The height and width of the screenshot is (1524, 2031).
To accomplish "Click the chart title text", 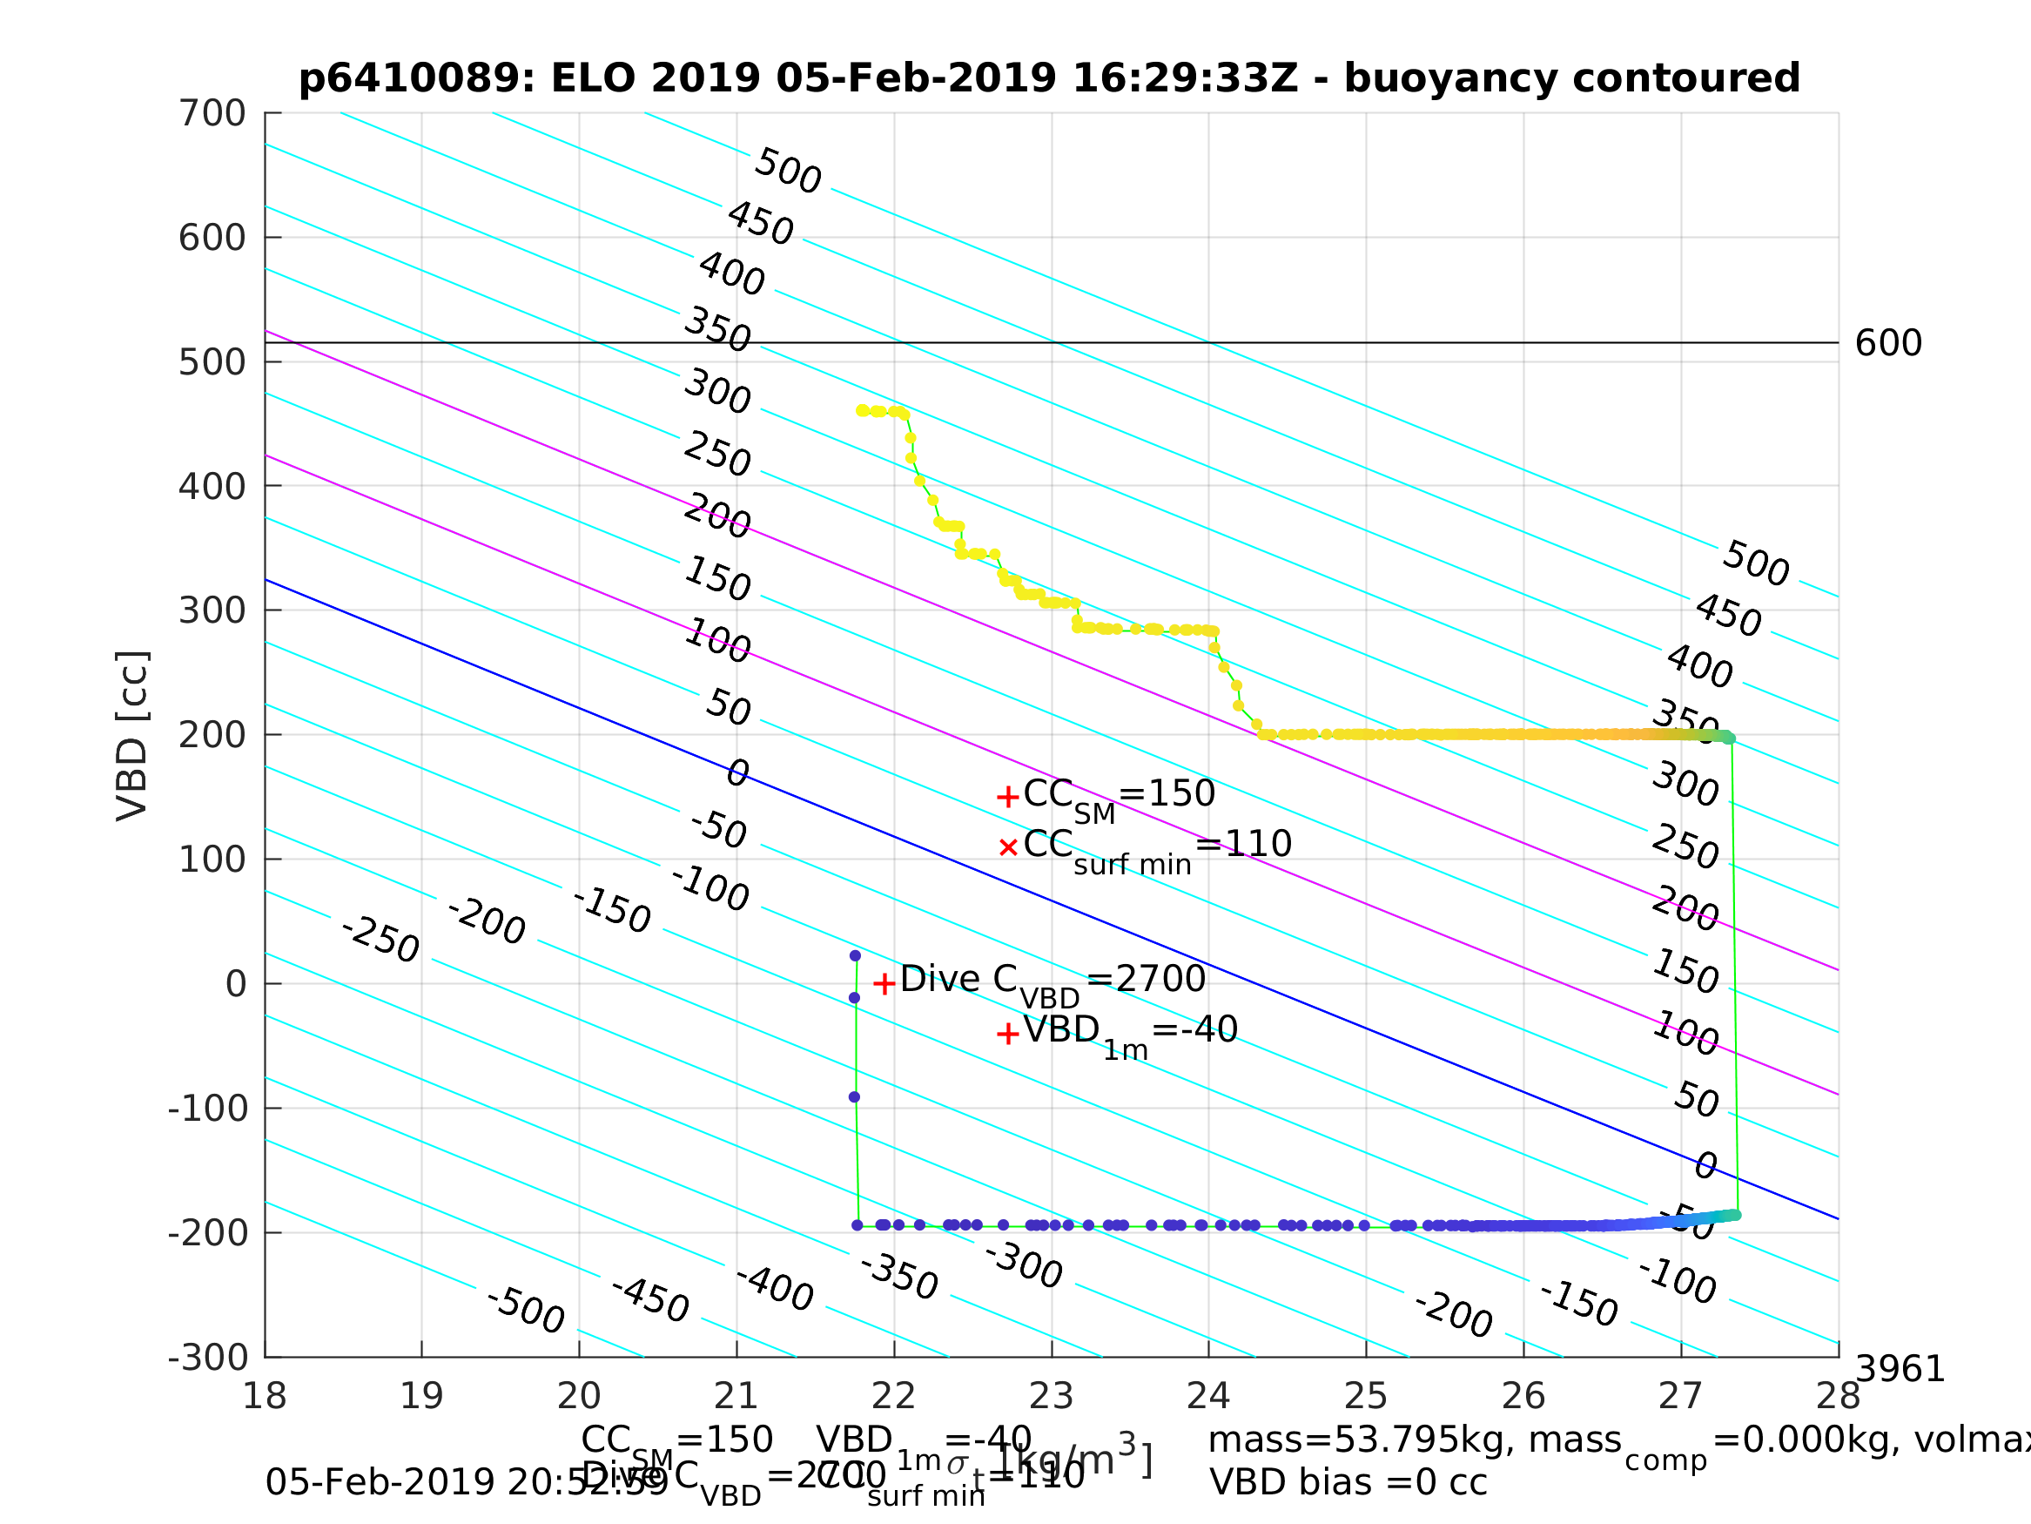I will click(1048, 78).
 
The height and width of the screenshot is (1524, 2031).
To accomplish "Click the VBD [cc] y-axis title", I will click(132, 735).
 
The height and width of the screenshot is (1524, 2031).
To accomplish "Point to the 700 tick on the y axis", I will click(212, 114).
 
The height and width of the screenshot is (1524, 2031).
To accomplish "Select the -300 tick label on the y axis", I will click(208, 1357).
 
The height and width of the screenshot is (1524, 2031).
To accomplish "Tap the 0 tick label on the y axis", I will click(236, 984).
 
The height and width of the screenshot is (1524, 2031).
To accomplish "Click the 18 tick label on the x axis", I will click(265, 1396).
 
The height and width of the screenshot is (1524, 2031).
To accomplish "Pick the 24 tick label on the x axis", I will click(1208, 1396).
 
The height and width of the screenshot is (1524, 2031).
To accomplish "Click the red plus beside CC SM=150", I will click(1007, 797).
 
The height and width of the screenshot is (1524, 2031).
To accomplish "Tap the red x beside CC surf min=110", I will click(1008, 847).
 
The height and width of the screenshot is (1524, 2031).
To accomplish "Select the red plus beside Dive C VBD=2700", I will click(884, 984).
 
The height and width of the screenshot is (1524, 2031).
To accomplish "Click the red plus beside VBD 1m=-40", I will click(1007, 1035).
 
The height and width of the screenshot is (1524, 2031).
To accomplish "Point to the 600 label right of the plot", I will click(1887, 344).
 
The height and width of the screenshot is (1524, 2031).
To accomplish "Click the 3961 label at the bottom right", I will click(1900, 1370).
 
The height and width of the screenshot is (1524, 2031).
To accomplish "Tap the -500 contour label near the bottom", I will click(525, 1311).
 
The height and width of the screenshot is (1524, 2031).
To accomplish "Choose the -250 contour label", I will click(380, 939).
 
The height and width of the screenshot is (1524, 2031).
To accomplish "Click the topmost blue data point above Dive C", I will click(855, 955).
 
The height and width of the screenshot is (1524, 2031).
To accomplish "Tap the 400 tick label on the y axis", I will click(212, 486).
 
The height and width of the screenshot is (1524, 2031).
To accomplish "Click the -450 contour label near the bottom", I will click(650, 1299).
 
